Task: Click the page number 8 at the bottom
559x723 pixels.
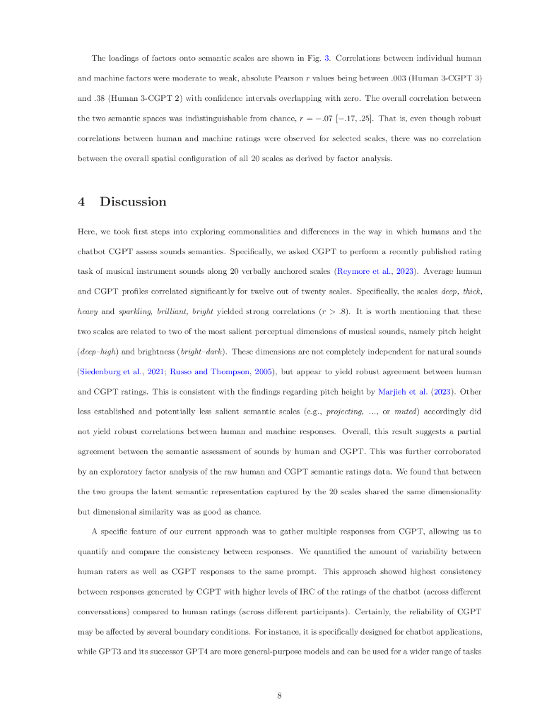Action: (x=279, y=695)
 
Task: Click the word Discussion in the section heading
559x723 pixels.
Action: (x=133, y=202)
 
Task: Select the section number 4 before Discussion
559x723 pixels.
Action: (x=82, y=202)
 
